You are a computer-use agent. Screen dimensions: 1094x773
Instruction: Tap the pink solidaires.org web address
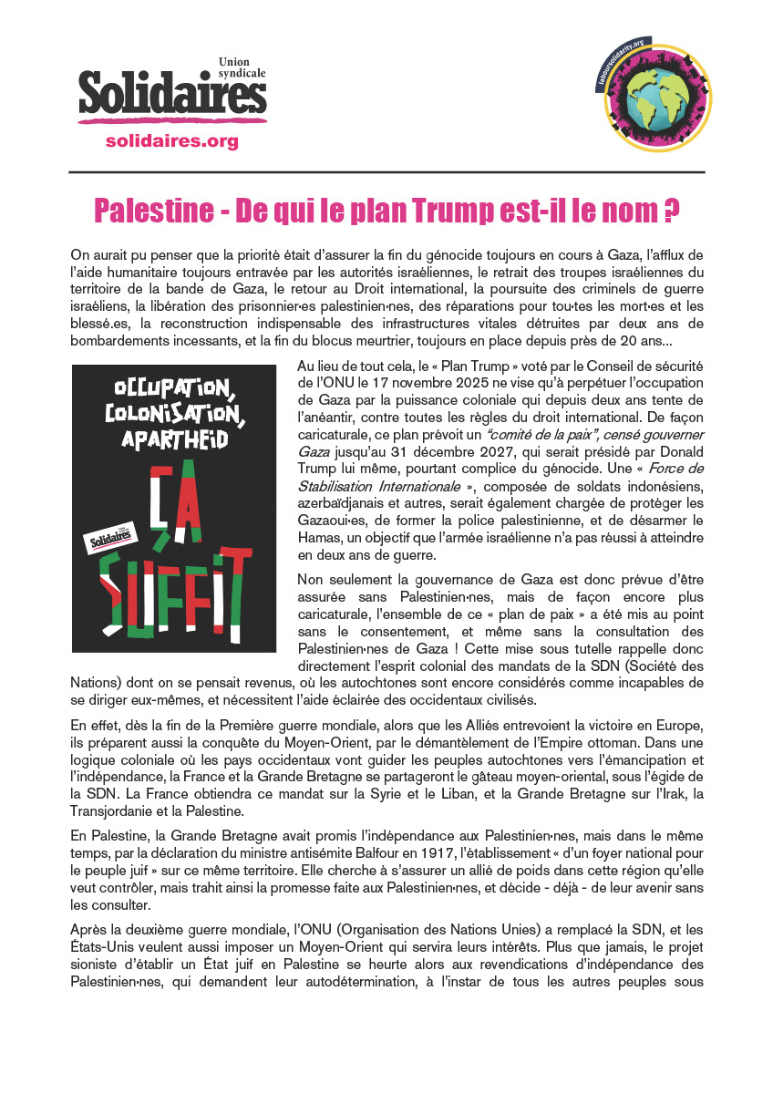tap(172, 141)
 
